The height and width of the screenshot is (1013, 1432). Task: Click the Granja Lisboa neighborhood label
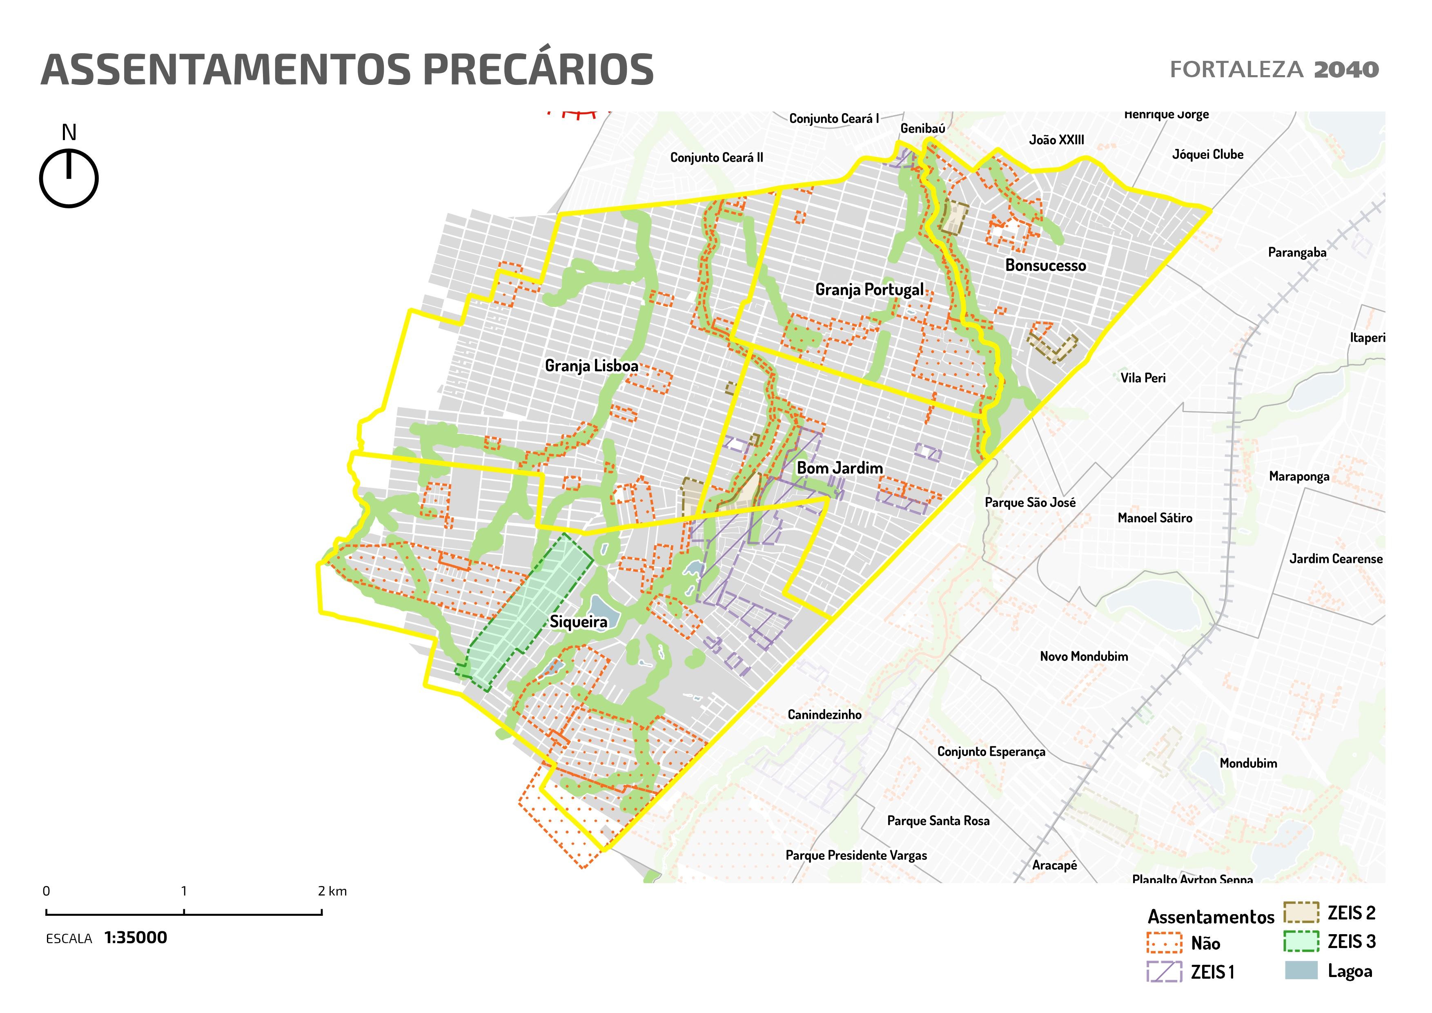coord(591,366)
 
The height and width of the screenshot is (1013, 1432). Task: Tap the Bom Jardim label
coord(840,468)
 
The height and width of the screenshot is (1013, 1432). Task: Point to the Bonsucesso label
coord(1045,265)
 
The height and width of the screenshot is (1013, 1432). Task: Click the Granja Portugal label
coord(869,290)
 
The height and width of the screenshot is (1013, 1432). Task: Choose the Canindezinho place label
coord(824,714)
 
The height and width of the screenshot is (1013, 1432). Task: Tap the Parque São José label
coord(1030,502)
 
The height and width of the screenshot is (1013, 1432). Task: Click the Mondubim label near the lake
coord(1248,763)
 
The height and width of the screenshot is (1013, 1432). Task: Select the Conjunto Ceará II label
coord(716,157)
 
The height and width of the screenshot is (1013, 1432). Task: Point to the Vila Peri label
coord(1142,377)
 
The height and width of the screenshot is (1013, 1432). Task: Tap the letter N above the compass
coord(69,132)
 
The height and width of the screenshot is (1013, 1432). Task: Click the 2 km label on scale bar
coord(332,891)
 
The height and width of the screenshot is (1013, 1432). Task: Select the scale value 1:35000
coord(135,937)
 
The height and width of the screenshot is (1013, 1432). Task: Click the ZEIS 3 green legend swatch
coord(1301,941)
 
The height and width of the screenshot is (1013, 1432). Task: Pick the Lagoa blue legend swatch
coord(1301,970)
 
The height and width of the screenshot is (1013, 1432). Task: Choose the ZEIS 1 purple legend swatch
coord(1164,971)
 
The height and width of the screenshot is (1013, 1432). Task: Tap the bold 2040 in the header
coord(1346,69)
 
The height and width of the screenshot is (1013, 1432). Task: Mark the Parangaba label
coord(1297,252)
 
